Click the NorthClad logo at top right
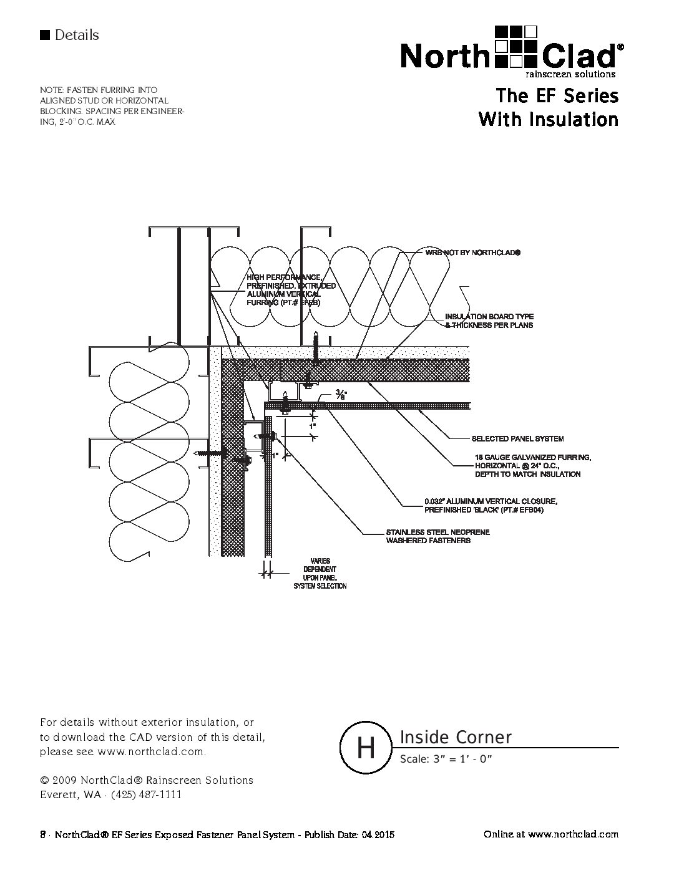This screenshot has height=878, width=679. (510, 51)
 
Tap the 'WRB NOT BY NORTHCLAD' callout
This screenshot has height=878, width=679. (472, 253)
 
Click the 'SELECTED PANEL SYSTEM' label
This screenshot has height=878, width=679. (517, 439)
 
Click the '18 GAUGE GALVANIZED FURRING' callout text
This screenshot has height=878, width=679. (532, 466)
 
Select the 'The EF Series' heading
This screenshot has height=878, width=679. (557, 96)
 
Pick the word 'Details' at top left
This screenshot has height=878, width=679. (76, 35)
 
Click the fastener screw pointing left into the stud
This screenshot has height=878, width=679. (209, 453)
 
